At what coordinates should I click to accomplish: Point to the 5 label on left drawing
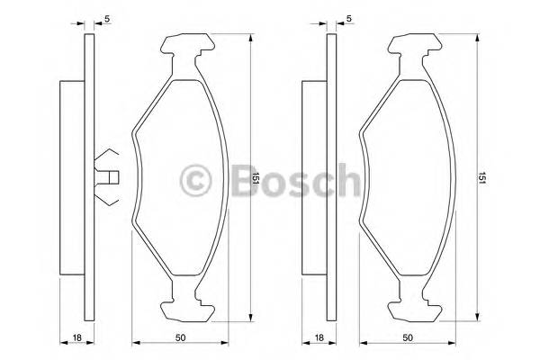(107, 19)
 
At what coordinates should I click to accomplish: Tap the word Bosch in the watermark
(289, 179)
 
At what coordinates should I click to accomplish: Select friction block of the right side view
(313, 178)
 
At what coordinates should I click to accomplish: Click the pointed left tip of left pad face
(133, 135)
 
